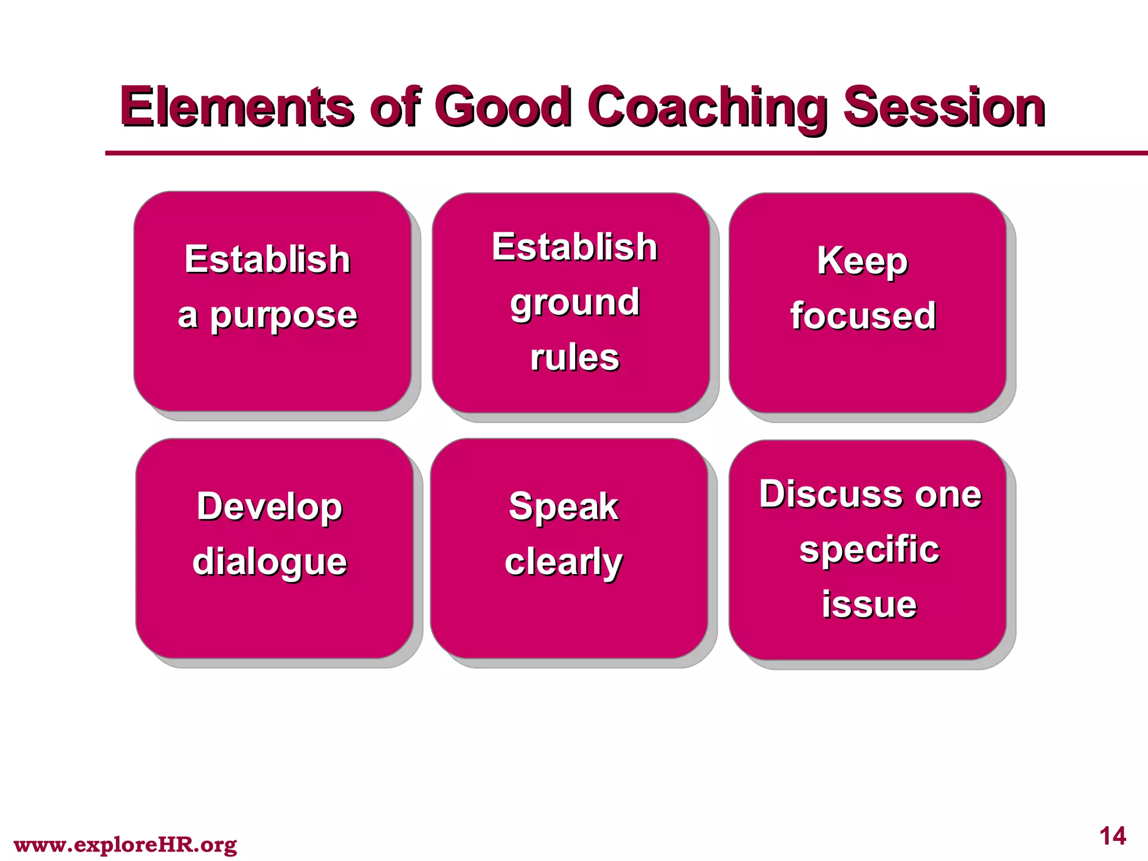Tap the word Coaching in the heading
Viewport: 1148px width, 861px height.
pyautogui.click(x=707, y=108)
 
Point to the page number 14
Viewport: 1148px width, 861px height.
pyautogui.click(x=1113, y=836)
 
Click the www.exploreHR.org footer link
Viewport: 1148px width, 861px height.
pyautogui.click(x=125, y=844)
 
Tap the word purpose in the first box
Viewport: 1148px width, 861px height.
pyautogui.click(x=284, y=316)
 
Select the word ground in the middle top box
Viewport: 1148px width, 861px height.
pyautogui.click(x=575, y=303)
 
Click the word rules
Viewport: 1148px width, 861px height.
pyautogui.click(x=575, y=357)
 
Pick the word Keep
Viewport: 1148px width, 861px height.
pyautogui.click(x=862, y=261)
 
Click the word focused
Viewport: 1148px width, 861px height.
pyautogui.click(x=863, y=316)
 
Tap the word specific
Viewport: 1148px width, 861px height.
pyautogui.click(x=869, y=549)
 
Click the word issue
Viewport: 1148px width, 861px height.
pyautogui.click(x=869, y=604)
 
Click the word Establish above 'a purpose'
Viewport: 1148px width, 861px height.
pyautogui.click(x=267, y=260)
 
